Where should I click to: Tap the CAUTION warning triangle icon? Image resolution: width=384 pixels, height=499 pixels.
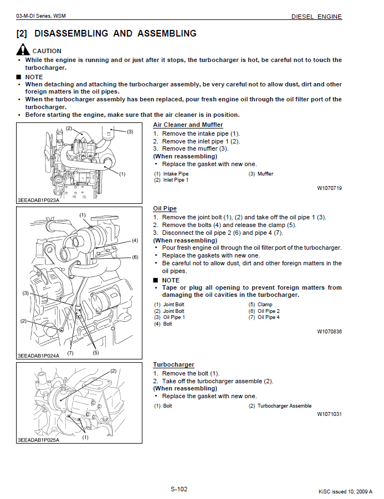pos(22,50)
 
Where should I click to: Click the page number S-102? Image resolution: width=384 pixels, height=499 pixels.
pos(178,488)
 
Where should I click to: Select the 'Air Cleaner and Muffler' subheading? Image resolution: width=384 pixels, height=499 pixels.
pos(188,125)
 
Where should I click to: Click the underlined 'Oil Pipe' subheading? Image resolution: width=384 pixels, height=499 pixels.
pos(165,208)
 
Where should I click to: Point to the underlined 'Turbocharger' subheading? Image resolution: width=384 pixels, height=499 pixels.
pos(173,364)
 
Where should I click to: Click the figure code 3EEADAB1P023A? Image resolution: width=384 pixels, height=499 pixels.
pos(38,200)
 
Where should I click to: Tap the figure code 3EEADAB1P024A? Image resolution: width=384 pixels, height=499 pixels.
pos(38,356)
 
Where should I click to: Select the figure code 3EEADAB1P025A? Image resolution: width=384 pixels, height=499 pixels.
pos(38,440)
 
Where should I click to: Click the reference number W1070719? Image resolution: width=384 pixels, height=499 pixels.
pos(329,188)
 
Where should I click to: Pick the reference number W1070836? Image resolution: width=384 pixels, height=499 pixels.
pos(329,332)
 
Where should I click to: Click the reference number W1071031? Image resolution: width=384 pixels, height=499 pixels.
pos(329,414)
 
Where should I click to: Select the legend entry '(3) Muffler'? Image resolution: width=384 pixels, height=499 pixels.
pos(260,174)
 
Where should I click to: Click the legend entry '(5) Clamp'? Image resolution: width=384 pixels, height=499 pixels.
pos(260,305)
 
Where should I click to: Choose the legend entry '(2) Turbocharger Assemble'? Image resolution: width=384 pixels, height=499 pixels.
pos(280,406)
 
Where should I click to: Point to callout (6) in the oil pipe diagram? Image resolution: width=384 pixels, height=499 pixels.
pos(135,257)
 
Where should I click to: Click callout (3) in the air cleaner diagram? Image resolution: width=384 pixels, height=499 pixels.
pos(130,132)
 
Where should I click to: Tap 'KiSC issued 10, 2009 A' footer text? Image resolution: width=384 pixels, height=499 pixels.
pos(345,491)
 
